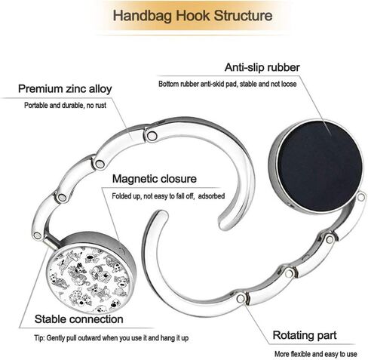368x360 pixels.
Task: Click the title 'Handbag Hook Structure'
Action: [192, 16]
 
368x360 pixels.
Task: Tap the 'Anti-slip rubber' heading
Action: [262, 67]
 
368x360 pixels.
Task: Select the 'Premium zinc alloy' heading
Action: [65, 89]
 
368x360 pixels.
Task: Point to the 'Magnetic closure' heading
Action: [155, 179]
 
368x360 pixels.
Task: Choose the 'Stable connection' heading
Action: [79, 319]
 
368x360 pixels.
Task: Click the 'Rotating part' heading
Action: [305, 335]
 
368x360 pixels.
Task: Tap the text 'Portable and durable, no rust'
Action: [65, 105]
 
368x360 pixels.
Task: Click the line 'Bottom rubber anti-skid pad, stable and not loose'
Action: [228, 84]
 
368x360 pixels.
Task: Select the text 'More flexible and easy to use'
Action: [315, 354]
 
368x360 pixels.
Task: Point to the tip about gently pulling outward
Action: [112, 338]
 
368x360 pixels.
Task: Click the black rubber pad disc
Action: [320, 166]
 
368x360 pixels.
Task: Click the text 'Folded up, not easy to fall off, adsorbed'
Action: [168, 196]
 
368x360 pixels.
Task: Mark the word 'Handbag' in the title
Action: [143, 16]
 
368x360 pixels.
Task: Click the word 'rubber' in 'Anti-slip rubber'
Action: [284, 67]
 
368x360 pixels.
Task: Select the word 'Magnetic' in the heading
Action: [135, 179]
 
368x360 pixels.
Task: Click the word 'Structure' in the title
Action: [243, 16]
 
